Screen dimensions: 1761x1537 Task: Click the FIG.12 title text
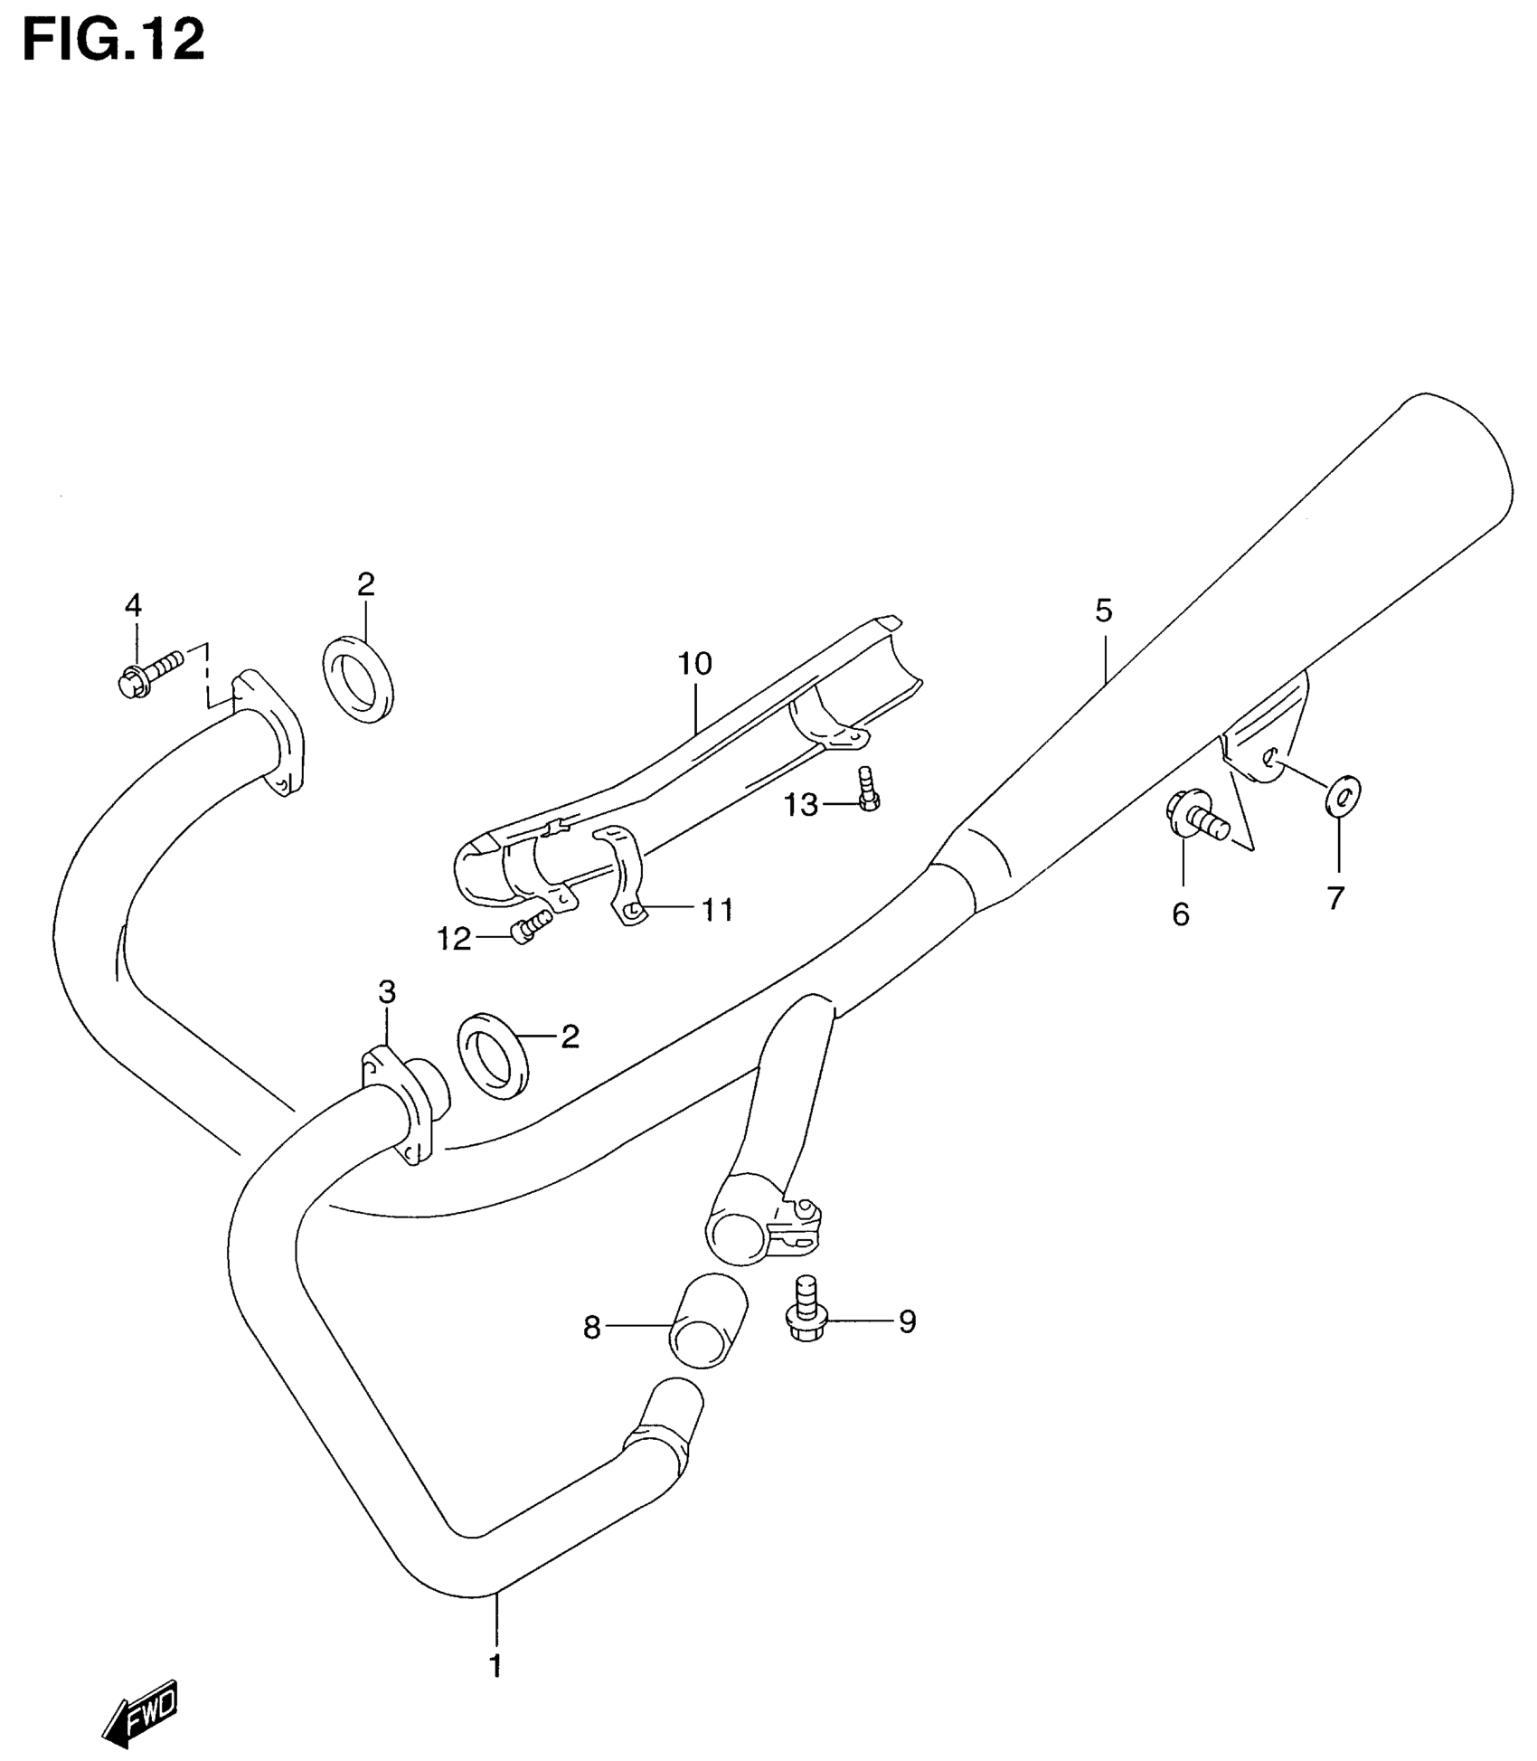[114, 42]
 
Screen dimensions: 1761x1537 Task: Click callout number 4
[133, 605]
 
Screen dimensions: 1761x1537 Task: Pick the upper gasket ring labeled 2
[358, 678]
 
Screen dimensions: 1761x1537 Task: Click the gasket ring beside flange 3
[494, 1056]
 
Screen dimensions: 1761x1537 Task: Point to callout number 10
[695, 665]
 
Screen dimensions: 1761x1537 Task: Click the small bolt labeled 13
[868, 789]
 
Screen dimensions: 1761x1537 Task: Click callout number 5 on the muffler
[1103, 611]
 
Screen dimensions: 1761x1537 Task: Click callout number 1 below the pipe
[495, 1665]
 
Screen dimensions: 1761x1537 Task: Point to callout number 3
[387, 992]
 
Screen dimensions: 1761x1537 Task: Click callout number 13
[800, 804]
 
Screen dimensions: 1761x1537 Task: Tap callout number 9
[907, 1322]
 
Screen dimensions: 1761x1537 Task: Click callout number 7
[1335, 898]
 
